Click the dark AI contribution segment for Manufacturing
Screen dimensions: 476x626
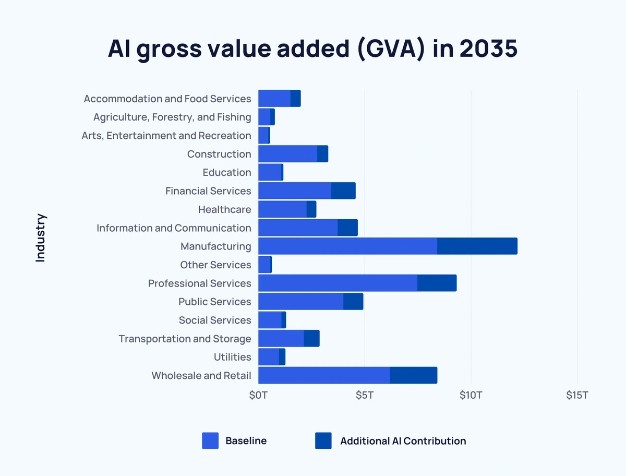477,246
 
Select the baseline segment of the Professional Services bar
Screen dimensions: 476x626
338,283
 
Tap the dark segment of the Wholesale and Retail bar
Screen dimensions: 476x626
413,375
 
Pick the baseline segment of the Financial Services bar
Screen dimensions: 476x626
294,191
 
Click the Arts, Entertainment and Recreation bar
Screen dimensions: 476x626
263,135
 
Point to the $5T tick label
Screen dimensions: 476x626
364,395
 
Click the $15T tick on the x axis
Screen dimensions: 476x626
577,395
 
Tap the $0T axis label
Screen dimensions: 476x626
258,395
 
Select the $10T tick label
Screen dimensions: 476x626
471,395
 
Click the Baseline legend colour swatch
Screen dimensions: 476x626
210,441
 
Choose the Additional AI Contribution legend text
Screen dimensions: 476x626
403,441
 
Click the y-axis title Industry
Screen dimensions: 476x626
41,237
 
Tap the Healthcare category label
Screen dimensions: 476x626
224,209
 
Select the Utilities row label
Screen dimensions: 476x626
232,357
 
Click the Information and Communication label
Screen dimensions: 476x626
174,228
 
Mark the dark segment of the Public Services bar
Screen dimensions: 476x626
353,301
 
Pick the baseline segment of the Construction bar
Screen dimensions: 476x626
287,154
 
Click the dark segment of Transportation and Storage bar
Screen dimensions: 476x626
311,338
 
